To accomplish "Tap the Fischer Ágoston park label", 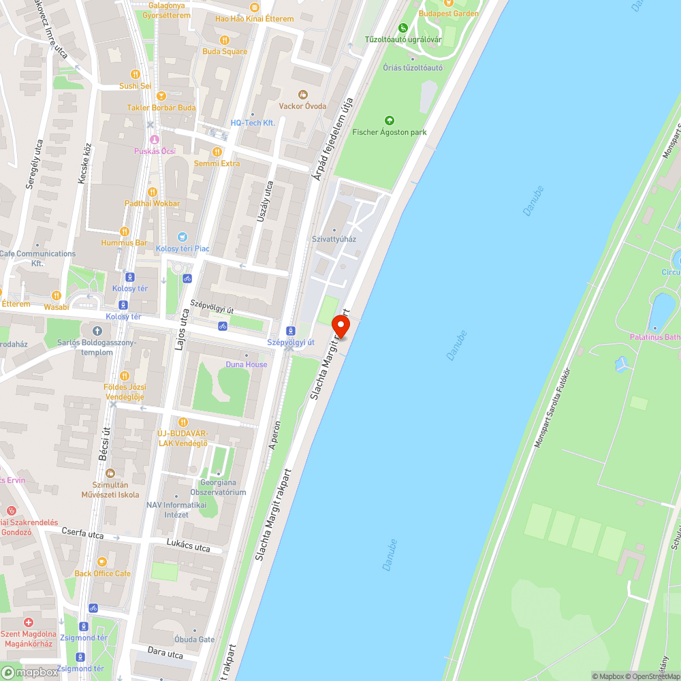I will pos(389,132).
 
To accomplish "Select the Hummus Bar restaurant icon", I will pos(124,232).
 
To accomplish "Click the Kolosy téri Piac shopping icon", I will pos(182,237).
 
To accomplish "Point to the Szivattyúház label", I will pos(334,239).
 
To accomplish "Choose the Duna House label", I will pos(247,364).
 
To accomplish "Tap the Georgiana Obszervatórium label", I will pos(218,488).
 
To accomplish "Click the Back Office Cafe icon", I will pos(102,562).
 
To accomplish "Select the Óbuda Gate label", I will pos(194,639).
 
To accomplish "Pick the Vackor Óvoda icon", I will pos(303,94).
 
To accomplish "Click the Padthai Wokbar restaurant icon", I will pos(153,192).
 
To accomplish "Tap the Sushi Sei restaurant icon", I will pos(136,74).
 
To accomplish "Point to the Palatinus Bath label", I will pos(654,336).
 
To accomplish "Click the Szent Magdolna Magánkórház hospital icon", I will pos(28,622).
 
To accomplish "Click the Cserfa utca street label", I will pos(82,534).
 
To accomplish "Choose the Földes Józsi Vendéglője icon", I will pos(124,376).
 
